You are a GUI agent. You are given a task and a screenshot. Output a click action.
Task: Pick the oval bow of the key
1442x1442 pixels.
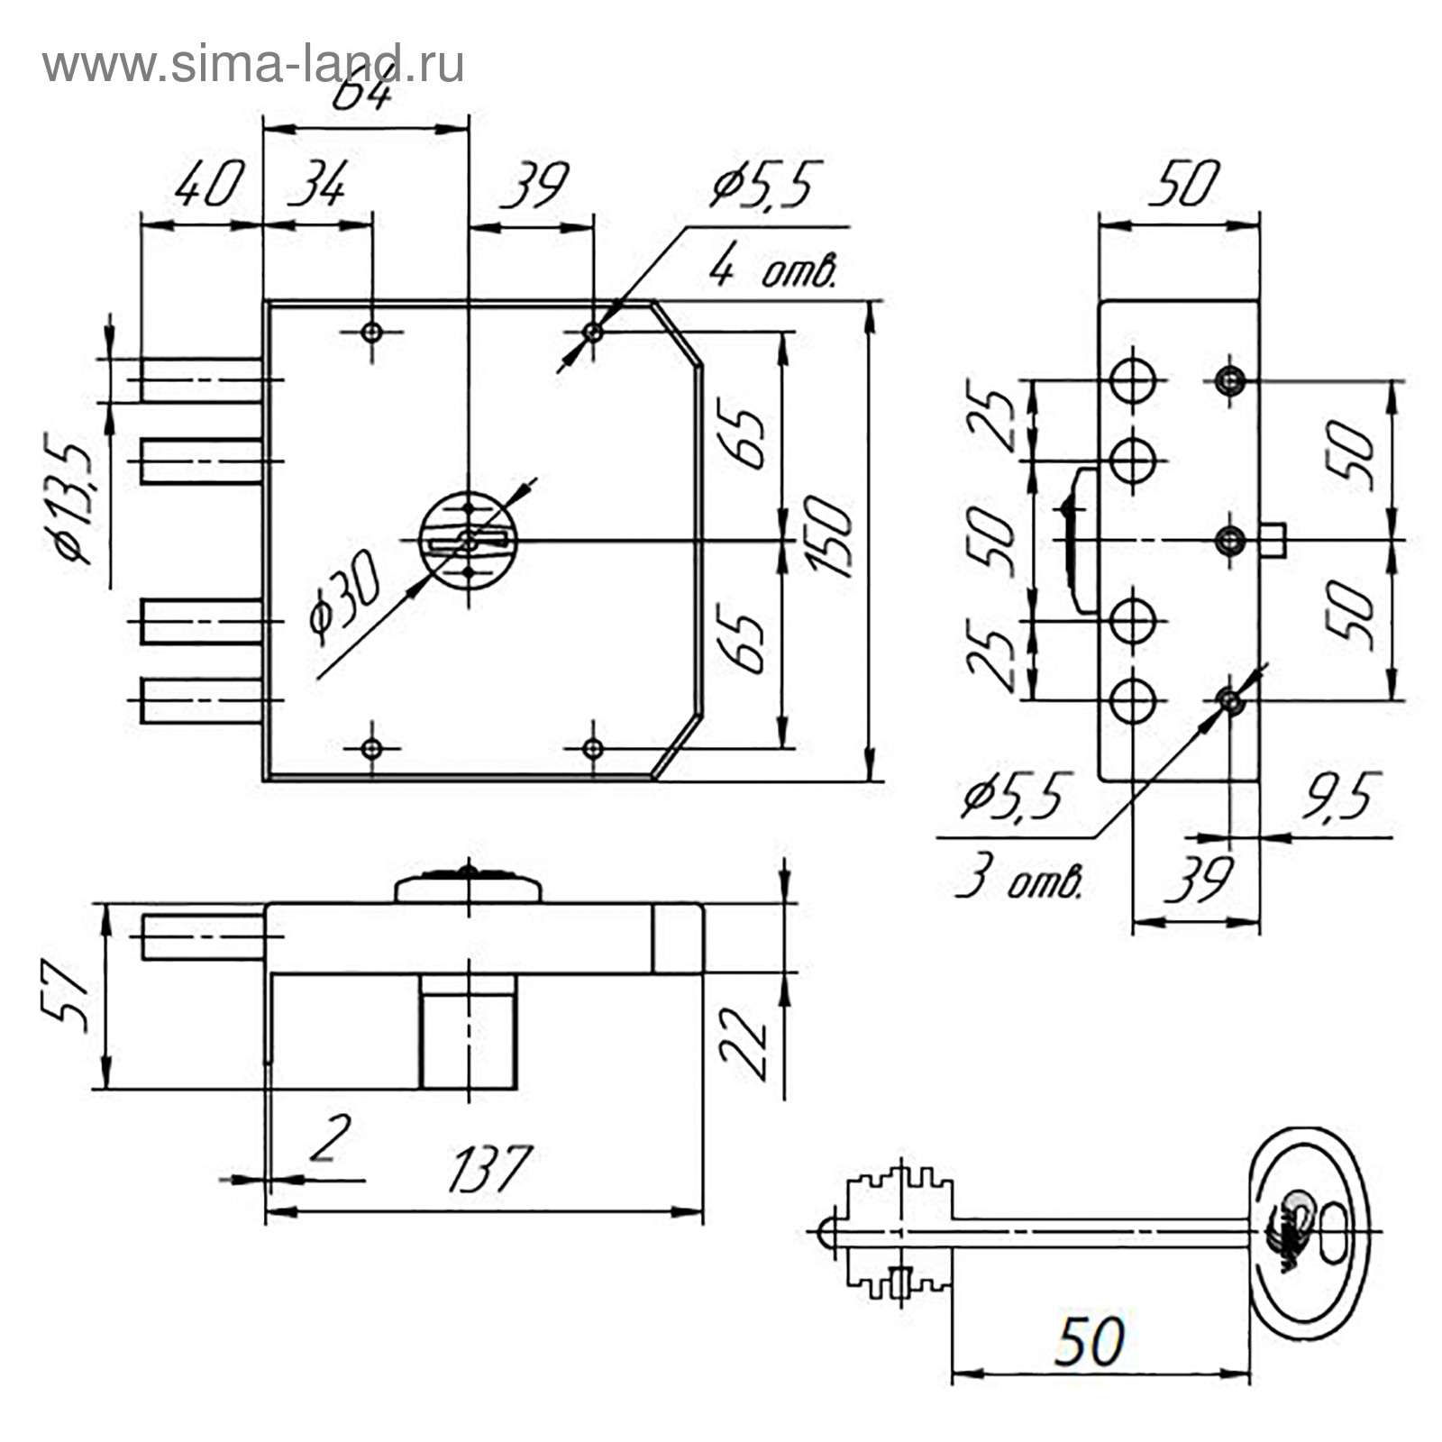1312,1232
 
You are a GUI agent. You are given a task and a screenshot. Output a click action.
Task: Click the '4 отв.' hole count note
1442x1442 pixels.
773,269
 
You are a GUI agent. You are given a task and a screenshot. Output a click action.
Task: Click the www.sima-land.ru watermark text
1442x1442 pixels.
253,65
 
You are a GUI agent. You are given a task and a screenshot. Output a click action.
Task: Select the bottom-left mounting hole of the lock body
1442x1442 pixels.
371,747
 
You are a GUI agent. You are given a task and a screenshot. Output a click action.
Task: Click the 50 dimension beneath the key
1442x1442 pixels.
1091,1341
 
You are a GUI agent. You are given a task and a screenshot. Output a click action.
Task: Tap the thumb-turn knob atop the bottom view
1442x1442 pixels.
469,887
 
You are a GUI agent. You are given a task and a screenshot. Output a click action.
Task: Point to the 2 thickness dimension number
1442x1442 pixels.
327,1138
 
